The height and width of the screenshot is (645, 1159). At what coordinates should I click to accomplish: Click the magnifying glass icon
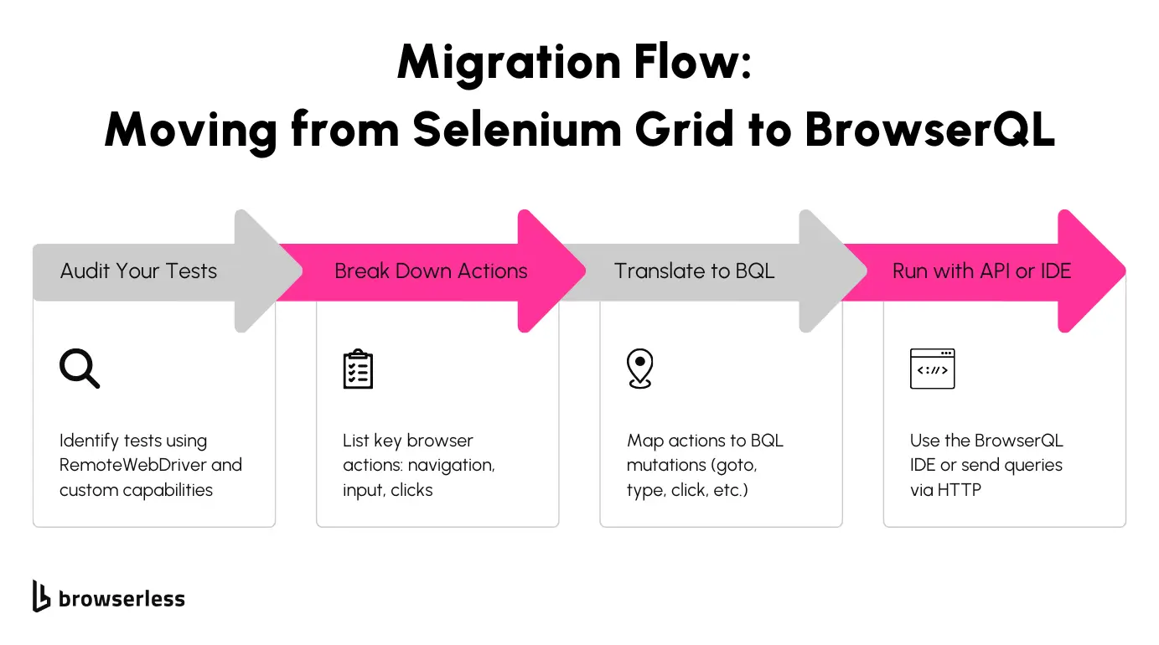pyautogui.click(x=80, y=369)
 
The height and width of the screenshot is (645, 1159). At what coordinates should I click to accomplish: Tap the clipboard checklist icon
pyautogui.click(x=358, y=369)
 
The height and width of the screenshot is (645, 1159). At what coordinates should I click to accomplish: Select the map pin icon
pyautogui.click(x=639, y=369)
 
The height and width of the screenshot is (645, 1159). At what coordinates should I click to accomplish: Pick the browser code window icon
pyautogui.click(x=932, y=369)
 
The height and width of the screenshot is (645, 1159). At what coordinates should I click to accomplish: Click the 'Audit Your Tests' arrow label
pyautogui.click(x=138, y=271)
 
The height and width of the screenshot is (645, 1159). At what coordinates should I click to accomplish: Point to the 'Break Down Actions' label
pyautogui.click(x=431, y=271)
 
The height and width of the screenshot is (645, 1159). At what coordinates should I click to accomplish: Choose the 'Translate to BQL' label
pyautogui.click(x=694, y=271)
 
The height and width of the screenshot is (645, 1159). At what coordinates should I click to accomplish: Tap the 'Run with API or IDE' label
pyautogui.click(x=981, y=271)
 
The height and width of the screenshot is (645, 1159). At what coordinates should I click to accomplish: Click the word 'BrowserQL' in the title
pyautogui.click(x=929, y=130)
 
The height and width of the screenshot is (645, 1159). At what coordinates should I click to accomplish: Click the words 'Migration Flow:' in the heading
pyautogui.click(x=575, y=61)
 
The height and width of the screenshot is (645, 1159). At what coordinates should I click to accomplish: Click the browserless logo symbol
pyautogui.click(x=42, y=596)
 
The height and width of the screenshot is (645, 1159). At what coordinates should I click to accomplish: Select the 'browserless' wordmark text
pyautogui.click(x=122, y=599)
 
